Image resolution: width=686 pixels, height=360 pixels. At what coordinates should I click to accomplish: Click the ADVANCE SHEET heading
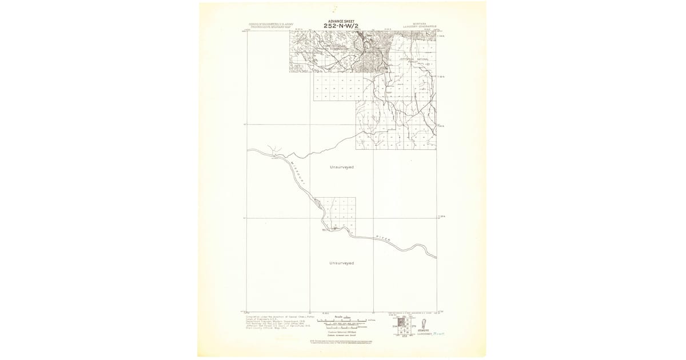[342, 21]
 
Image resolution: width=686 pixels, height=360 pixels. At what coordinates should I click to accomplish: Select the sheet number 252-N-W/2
[342, 26]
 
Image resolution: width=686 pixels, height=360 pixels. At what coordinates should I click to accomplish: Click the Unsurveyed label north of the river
[341, 167]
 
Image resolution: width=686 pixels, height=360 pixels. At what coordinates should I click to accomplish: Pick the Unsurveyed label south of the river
[341, 263]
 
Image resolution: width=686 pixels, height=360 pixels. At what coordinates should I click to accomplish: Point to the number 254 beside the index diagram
[393, 326]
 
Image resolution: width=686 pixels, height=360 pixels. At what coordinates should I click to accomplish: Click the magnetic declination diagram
[422, 325]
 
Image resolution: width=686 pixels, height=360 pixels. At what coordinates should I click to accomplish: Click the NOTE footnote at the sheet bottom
[341, 341]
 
